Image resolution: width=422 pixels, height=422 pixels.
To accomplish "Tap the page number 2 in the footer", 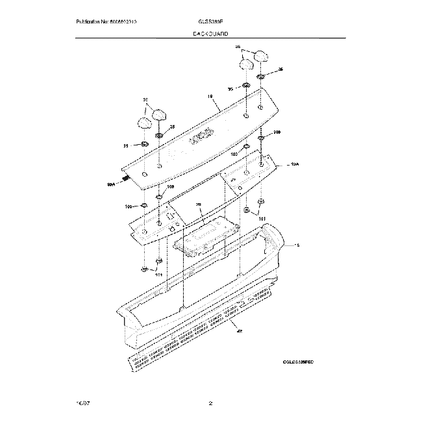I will [x=210, y=403].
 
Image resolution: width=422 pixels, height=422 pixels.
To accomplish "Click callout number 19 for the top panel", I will [x=210, y=97].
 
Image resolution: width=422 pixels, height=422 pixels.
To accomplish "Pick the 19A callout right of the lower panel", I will [x=295, y=166].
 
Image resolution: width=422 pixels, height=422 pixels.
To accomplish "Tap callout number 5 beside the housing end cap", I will [x=298, y=245].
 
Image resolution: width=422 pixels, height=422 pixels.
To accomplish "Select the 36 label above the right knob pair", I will [x=238, y=47].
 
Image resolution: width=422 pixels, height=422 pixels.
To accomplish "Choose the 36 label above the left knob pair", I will [x=146, y=100].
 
